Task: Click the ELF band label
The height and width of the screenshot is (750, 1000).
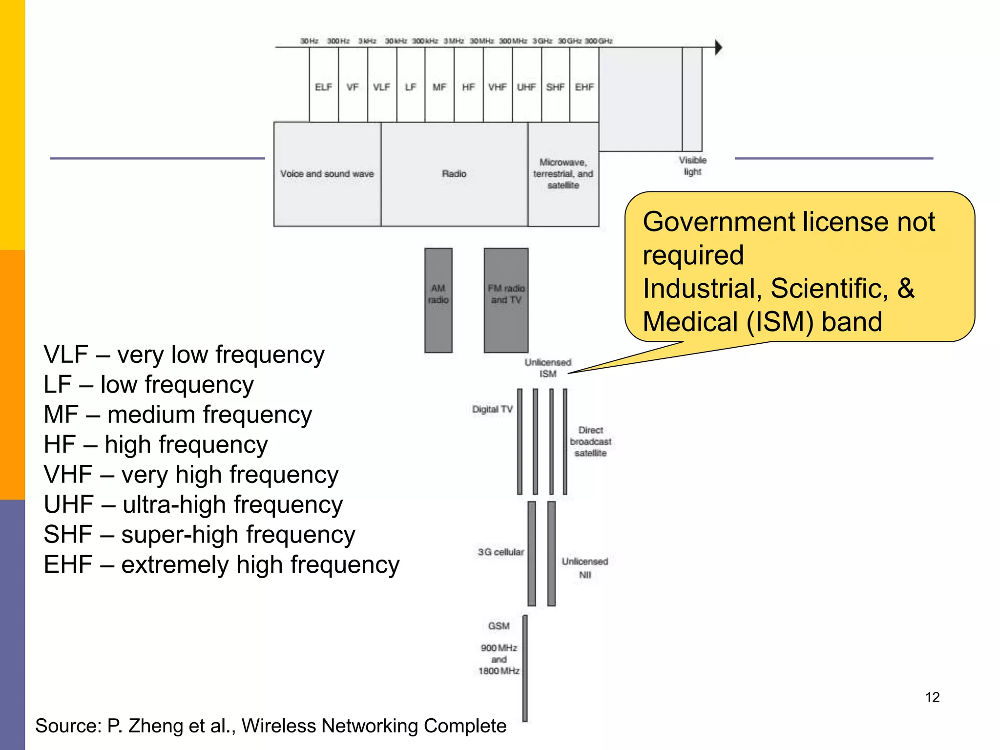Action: coord(323,87)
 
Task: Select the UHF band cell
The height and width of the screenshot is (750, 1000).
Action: coord(526,87)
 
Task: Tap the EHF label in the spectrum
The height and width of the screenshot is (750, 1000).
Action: coord(584,87)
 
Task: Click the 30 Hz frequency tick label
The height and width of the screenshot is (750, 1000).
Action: coord(309,41)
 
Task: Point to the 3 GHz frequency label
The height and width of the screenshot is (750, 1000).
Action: coord(542,41)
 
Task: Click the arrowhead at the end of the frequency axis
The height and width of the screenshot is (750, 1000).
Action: coord(718,47)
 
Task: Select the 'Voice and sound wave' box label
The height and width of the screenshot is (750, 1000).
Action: coord(327,174)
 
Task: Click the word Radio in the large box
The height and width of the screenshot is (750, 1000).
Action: coord(454,174)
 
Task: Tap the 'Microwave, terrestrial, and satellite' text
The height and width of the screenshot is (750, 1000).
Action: coord(563,174)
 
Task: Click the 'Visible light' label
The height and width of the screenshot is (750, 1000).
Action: coord(692,166)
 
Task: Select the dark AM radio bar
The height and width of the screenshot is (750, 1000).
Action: coord(438,300)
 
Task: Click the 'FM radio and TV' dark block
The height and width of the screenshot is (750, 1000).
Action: coord(506,300)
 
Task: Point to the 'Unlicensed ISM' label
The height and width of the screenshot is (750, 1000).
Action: coord(548,368)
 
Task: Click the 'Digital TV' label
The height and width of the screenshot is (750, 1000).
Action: coord(492,409)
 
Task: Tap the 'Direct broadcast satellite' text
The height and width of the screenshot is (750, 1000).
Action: coord(590,441)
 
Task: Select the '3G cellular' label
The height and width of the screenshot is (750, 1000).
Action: coord(500,552)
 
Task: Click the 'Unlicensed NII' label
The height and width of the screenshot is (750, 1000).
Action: coord(584,568)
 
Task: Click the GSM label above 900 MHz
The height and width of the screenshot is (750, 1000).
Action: coord(499,626)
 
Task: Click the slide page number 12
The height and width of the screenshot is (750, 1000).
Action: coord(932,697)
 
